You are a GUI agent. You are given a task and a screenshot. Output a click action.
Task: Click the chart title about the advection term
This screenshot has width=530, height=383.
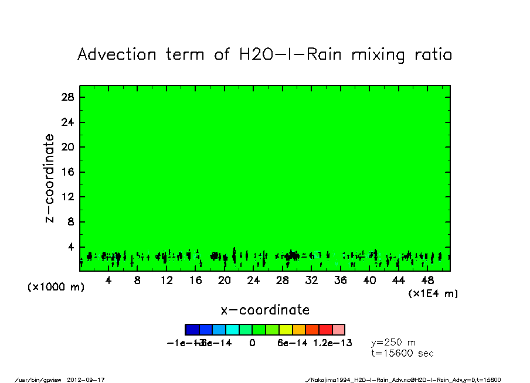(x=265, y=55)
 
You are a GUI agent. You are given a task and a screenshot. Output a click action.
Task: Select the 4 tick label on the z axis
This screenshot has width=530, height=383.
(x=71, y=247)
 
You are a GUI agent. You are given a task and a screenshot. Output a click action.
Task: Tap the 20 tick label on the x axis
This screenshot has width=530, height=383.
(x=224, y=281)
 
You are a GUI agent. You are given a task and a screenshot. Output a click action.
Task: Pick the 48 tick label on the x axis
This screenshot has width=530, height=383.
(x=427, y=281)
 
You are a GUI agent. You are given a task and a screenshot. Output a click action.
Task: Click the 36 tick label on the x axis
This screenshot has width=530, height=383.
(x=340, y=281)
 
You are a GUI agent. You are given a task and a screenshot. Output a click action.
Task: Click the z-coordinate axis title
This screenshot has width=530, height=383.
(x=50, y=178)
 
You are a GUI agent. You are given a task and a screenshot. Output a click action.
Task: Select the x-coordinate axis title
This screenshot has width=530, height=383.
(x=265, y=310)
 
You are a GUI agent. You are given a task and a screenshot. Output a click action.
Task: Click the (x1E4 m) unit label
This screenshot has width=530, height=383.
(x=433, y=293)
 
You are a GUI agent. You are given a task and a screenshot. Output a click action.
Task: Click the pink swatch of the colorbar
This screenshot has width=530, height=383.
(x=338, y=330)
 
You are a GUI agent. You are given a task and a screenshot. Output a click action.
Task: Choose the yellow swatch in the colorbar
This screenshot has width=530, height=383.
(x=285, y=330)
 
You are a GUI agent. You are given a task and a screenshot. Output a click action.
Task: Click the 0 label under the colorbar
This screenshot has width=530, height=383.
(x=252, y=343)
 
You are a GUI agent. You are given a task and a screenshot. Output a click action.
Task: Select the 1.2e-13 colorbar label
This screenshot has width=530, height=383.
(x=332, y=343)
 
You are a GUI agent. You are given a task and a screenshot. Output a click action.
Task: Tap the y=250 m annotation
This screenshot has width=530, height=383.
(x=393, y=343)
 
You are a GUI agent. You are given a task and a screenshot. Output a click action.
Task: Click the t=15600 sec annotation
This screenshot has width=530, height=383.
(x=402, y=354)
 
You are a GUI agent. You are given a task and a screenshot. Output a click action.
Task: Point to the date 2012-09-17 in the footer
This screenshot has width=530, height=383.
(x=90, y=379)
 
